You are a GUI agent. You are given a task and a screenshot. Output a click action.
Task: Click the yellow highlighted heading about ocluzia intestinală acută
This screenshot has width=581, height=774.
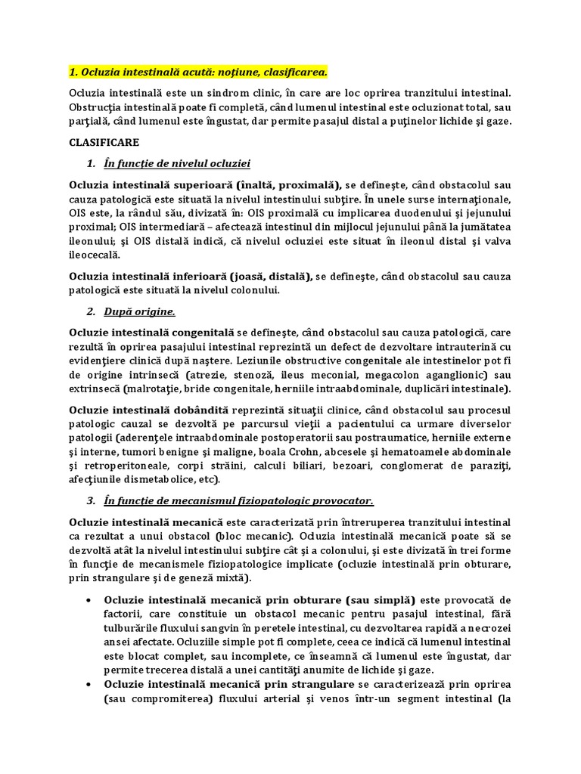(x=198, y=72)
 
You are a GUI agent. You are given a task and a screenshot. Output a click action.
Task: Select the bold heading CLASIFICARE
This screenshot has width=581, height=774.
(x=104, y=142)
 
